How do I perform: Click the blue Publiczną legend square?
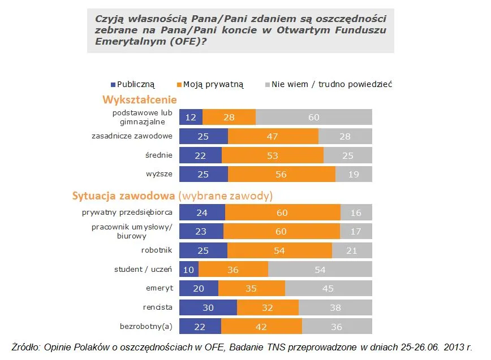click(113, 84)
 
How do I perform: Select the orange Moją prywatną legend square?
click(179, 84)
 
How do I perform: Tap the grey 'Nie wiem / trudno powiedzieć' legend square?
click(267, 84)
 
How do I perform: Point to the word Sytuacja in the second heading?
click(94, 196)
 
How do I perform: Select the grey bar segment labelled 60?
click(314, 117)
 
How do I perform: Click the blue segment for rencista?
click(208, 307)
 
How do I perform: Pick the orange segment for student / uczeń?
click(232, 269)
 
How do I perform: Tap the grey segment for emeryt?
click(328, 288)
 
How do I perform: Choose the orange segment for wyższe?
click(281, 174)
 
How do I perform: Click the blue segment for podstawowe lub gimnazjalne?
click(191, 117)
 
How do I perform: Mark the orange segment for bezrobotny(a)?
click(261, 327)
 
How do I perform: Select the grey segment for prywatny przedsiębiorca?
click(356, 212)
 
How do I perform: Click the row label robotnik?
click(157, 250)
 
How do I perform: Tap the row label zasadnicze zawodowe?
click(132, 136)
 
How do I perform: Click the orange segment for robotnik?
click(279, 250)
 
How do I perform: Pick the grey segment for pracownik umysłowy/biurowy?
click(355, 231)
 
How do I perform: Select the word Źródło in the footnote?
click(25, 347)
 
